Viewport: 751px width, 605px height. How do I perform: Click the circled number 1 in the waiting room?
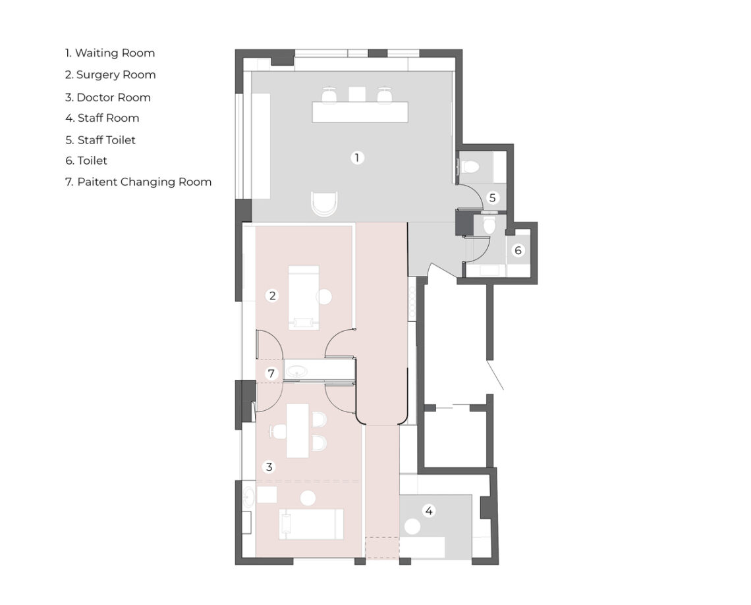pos(356,157)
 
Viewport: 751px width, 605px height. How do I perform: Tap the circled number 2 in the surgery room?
pos(273,296)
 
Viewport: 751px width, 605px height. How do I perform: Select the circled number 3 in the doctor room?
pos(269,467)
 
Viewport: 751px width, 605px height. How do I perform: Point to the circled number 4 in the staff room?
pos(429,511)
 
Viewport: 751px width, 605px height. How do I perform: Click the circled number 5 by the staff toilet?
pos(492,197)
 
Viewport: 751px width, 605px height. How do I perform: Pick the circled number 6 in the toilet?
pos(518,250)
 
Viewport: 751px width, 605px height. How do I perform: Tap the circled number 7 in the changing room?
pos(271,373)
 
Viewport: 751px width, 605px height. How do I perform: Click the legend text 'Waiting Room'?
pos(115,53)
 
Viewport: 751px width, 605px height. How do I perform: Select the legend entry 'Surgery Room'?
pos(116,75)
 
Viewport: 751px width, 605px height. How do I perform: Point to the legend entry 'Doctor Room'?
pos(113,97)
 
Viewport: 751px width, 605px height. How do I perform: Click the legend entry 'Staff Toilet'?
pos(106,140)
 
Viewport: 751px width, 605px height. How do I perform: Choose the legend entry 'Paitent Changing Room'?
pos(144,182)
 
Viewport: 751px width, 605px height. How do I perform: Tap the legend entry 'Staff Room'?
pos(108,118)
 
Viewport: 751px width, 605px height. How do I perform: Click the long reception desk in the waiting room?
pos(360,112)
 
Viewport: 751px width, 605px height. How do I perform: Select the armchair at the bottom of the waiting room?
pos(324,204)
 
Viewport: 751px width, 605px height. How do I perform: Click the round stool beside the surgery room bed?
pos(324,297)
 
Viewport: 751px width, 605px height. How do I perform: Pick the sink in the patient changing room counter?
pos(298,371)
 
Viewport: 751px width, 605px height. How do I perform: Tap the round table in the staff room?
pos(412,527)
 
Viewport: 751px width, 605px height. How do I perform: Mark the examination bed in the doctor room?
pos(312,523)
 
